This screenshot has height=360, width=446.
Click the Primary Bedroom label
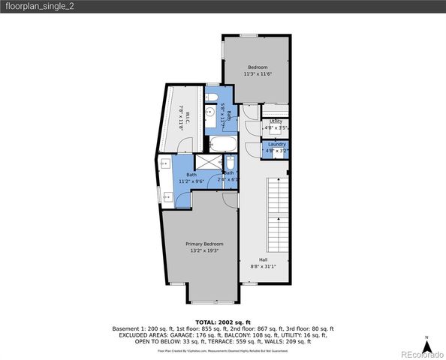pyautogui.click(x=204, y=244)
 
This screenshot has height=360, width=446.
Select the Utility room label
pyautogui.click(x=276, y=121)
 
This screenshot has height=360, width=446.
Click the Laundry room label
pyautogui.click(x=276, y=144)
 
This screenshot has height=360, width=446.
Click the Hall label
pyautogui.click(x=263, y=259)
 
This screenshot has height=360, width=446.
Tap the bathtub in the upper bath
pyautogui.click(x=221, y=144)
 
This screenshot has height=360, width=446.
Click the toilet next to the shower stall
pyautogui.click(x=231, y=164)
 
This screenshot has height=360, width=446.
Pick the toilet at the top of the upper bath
pyautogui.click(x=212, y=97)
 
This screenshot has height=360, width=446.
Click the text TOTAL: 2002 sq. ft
pyautogui.click(x=223, y=321)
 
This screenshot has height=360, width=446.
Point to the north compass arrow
pyautogui.click(x=426, y=343)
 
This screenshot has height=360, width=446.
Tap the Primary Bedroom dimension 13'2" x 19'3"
pyautogui.click(x=204, y=251)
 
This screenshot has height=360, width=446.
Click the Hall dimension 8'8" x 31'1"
pyautogui.click(x=263, y=266)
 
